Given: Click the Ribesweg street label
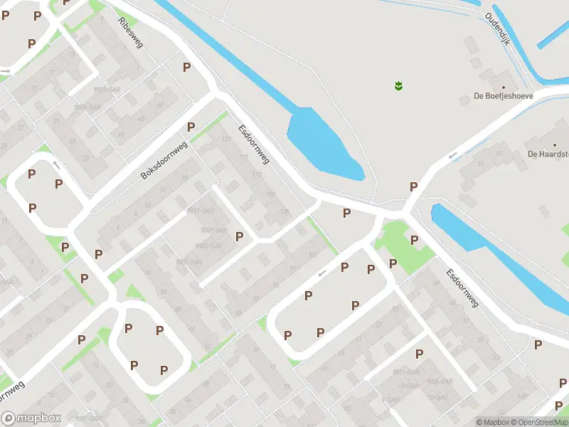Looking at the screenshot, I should click(x=131, y=32).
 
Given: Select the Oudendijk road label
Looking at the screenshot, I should click(x=498, y=29).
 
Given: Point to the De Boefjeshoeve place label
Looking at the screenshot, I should click(x=504, y=96).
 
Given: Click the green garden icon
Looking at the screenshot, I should click(x=398, y=86).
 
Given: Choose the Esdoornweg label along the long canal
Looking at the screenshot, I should click(x=462, y=288).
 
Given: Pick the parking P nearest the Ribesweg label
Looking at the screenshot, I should click(x=187, y=67).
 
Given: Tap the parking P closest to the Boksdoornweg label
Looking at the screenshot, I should click(x=191, y=127).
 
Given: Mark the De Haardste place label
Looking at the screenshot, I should click(x=547, y=153).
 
